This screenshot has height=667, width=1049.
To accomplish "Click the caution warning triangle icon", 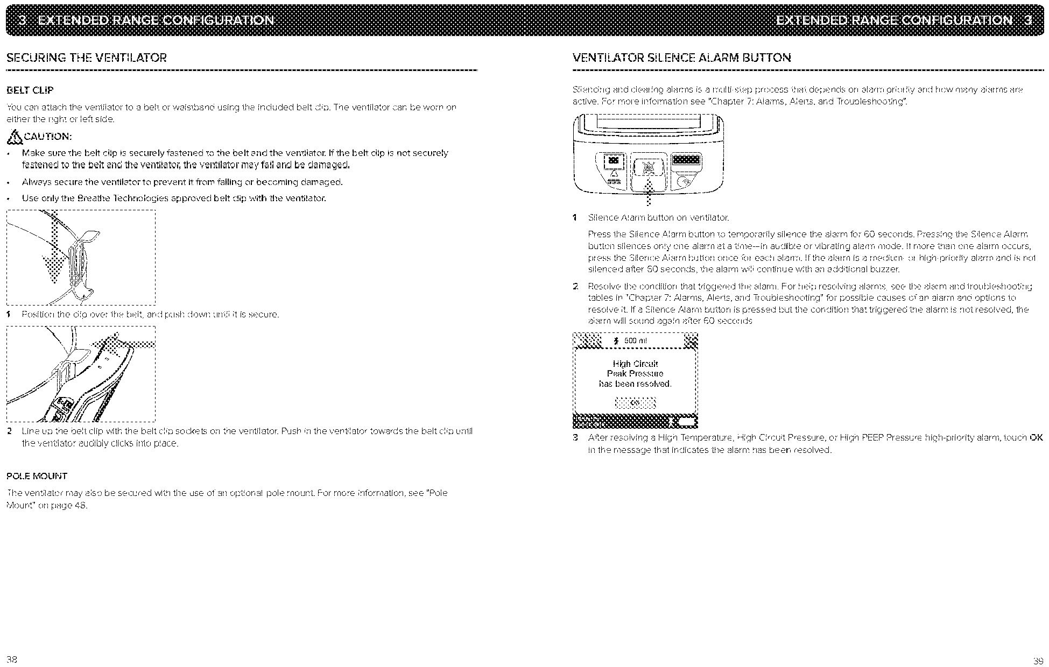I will (x=13, y=138).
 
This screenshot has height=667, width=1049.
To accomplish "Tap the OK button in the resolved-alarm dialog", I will (x=635, y=403).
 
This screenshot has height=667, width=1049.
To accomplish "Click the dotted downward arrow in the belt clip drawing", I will (x=54, y=253).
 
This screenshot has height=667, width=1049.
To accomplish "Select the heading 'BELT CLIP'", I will (x=30, y=90).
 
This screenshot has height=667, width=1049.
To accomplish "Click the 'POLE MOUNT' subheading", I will (x=37, y=476).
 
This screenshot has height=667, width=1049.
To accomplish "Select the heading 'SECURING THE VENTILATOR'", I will (x=87, y=58).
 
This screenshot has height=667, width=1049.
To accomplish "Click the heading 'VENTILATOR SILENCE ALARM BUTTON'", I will (x=682, y=58).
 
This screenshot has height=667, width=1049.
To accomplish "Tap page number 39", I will (x=1038, y=661).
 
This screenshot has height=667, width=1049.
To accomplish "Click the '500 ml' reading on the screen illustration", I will (x=635, y=340).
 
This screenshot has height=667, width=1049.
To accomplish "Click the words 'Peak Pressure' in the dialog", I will (x=635, y=374).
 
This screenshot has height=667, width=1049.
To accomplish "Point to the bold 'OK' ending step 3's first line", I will (x=1036, y=437).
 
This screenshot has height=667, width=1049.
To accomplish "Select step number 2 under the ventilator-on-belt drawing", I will (x=10, y=431).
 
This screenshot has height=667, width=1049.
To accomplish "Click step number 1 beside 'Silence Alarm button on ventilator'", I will (x=575, y=218).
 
